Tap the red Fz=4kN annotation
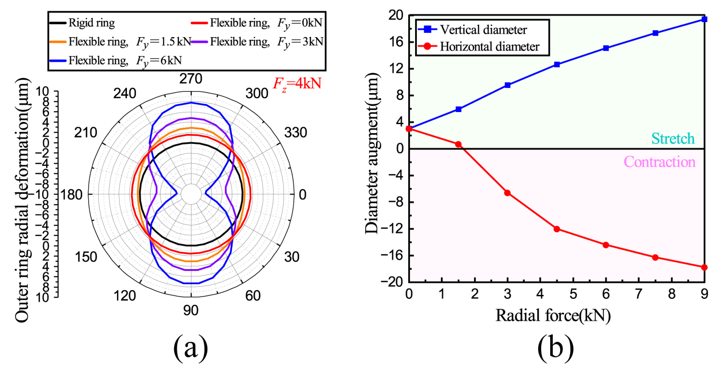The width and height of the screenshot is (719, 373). pyautogui.click(x=297, y=83)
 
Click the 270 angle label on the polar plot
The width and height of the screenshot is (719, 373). pyautogui.click(x=191, y=79)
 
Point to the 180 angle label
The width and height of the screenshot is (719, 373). pyautogui.click(x=72, y=195)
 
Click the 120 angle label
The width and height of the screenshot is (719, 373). pyautogui.click(x=124, y=296)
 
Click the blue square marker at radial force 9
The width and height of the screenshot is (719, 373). pyautogui.click(x=704, y=19)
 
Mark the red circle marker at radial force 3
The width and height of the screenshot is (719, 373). pyautogui.click(x=507, y=193)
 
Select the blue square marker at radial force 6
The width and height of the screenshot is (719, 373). pyautogui.click(x=606, y=48)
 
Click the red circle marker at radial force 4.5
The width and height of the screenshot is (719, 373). pyautogui.click(x=557, y=229)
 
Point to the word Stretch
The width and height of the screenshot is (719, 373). pyautogui.click(x=673, y=138)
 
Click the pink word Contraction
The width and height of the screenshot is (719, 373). pyautogui.click(x=660, y=162)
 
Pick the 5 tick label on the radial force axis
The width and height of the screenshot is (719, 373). pyautogui.click(x=573, y=294)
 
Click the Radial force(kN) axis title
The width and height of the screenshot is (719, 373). pyautogui.click(x=553, y=315)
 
